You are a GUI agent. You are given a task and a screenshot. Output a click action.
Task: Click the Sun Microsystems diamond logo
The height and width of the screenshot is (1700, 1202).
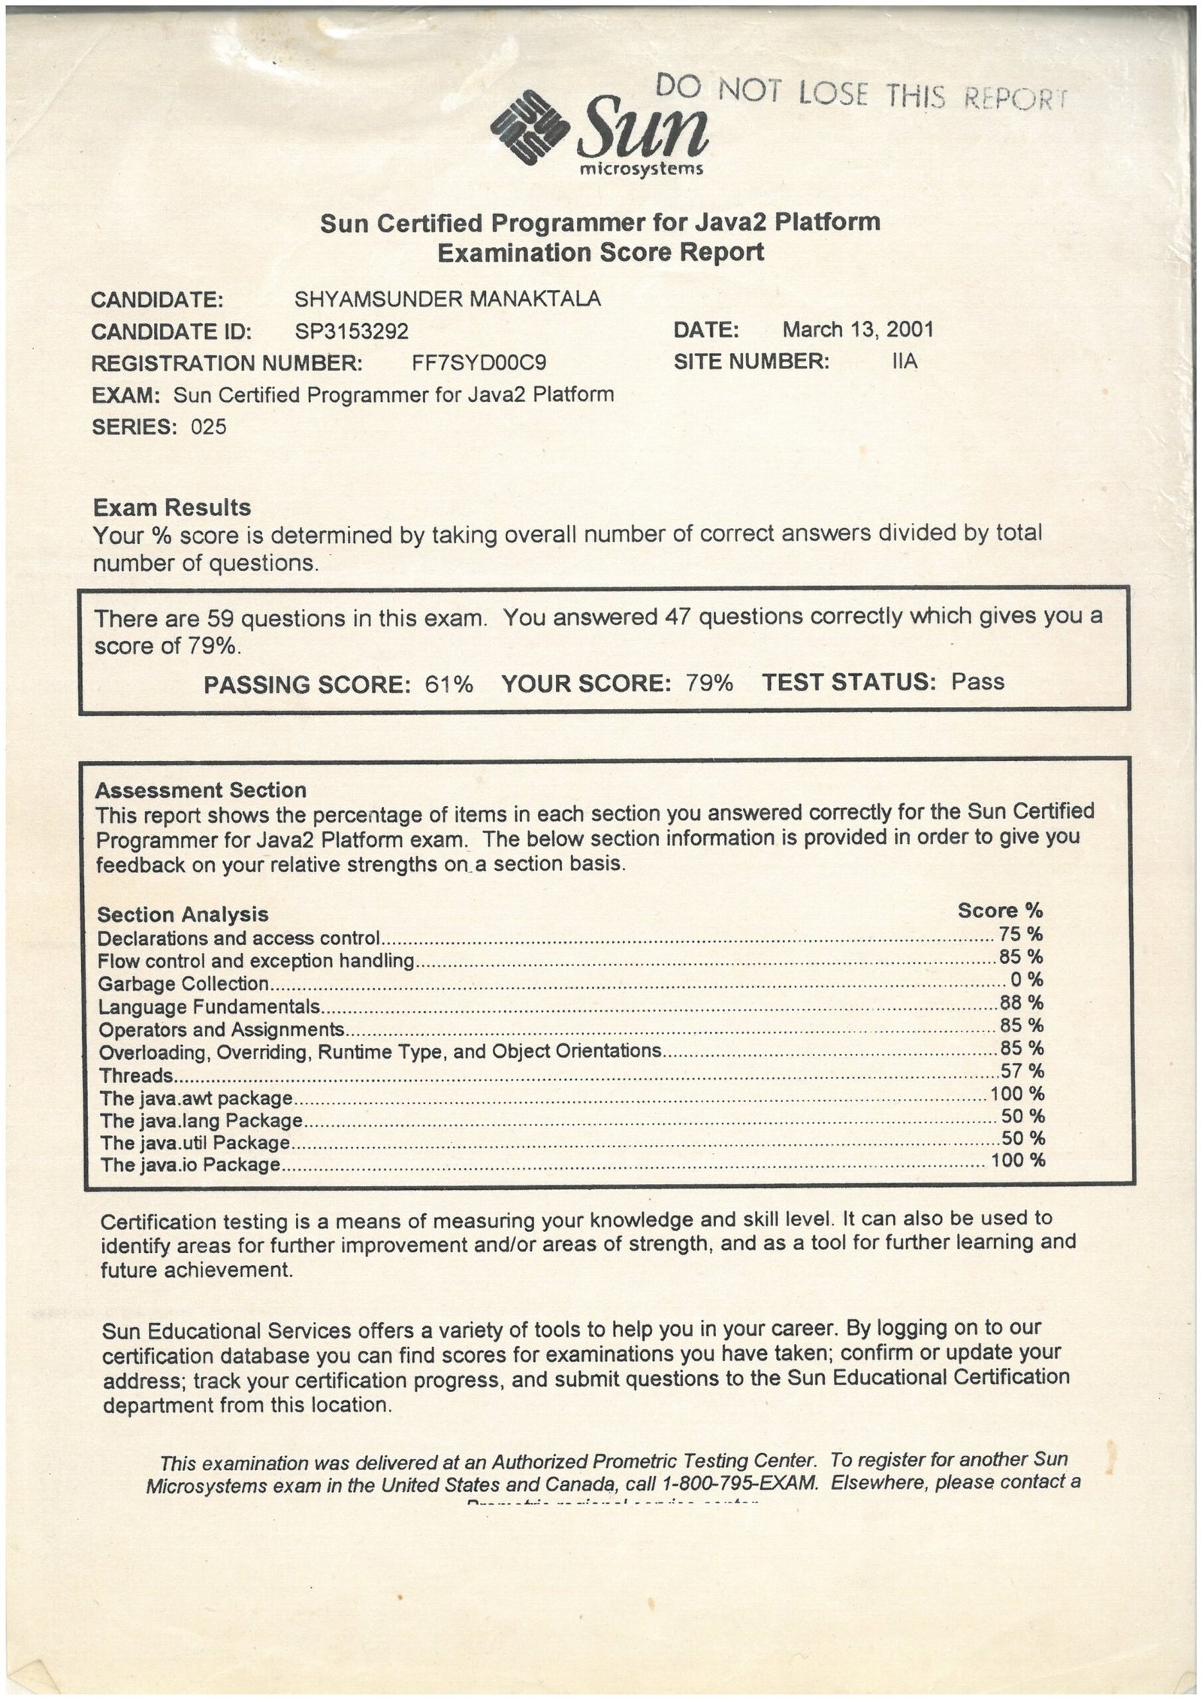tap(528, 125)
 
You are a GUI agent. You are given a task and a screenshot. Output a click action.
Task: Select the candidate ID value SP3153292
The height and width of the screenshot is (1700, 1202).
tap(352, 331)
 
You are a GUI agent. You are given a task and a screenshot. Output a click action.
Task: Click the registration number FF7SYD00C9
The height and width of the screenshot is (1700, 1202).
tap(479, 364)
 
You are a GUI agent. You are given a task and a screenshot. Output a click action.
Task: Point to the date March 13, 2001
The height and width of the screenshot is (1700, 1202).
tap(858, 329)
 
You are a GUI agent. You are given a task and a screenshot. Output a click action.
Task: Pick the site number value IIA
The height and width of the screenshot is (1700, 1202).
tap(905, 361)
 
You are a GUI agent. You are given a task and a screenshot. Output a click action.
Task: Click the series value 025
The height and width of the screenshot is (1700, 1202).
tap(208, 427)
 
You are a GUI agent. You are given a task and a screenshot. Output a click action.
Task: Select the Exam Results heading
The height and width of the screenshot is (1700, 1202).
tap(171, 508)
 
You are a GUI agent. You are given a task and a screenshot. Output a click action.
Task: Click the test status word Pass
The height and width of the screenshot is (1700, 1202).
tap(977, 681)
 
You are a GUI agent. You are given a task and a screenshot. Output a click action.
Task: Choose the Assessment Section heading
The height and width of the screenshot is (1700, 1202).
tap(201, 790)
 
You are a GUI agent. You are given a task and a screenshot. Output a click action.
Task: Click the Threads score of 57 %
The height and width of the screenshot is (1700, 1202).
tap(1022, 1070)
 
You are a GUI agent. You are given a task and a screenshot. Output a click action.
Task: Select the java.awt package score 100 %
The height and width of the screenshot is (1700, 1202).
tap(1017, 1093)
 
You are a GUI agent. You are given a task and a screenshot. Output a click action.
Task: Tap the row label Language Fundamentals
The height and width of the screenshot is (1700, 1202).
tap(210, 1007)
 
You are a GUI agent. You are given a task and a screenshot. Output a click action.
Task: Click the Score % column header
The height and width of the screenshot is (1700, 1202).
tap(1000, 910)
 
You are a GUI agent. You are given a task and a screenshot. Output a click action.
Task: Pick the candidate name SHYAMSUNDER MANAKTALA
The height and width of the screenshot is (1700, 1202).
tap(448, 299)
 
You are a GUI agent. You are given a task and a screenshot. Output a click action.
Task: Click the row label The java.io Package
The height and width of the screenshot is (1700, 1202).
tap(191, 1165)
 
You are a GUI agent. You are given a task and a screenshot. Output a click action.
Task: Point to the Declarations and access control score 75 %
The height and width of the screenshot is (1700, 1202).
tap(1021, 934)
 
